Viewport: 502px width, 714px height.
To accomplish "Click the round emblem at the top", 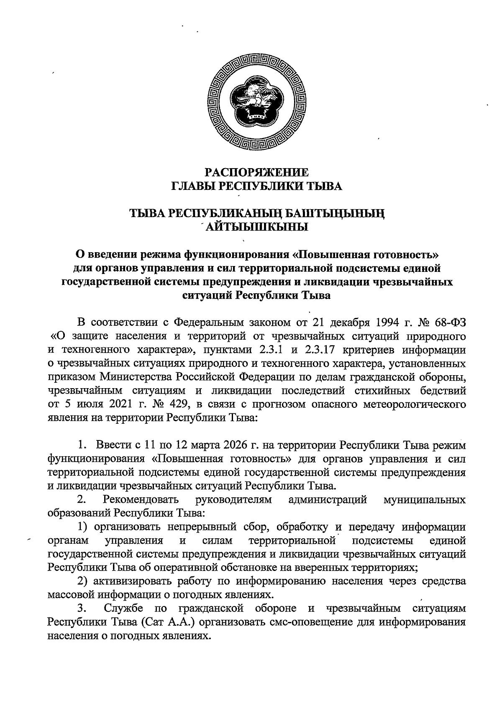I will [x=257, y=102].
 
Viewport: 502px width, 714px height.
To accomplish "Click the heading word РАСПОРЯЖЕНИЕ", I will [x=257, y=172].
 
